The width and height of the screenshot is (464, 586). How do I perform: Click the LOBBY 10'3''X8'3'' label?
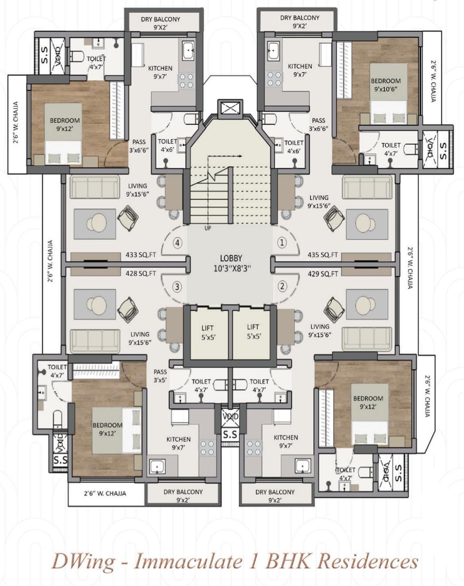point(231,263)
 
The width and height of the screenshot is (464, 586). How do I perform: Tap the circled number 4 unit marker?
point(178,243)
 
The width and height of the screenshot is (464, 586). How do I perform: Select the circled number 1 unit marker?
point(282,242)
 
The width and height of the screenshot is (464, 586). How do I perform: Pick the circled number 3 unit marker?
point(177,287)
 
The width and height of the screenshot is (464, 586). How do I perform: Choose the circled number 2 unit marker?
point(282,286)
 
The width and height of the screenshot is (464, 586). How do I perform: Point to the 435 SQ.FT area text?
point(323,255)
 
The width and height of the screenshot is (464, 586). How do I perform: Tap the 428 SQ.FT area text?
point(140,273)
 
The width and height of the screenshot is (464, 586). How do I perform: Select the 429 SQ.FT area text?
point(323,273)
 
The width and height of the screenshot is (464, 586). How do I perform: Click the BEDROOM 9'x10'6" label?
point(385,85)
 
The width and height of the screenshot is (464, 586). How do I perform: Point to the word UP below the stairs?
point(208,228)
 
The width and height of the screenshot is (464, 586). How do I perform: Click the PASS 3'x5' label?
point(160,376)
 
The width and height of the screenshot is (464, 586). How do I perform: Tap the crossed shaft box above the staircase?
point(230,109)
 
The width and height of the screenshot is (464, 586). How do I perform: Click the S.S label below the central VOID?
point(231,435)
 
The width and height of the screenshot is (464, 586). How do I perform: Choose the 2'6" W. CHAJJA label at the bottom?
point(105,493)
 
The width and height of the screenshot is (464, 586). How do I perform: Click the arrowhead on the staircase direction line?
point(241,156)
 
